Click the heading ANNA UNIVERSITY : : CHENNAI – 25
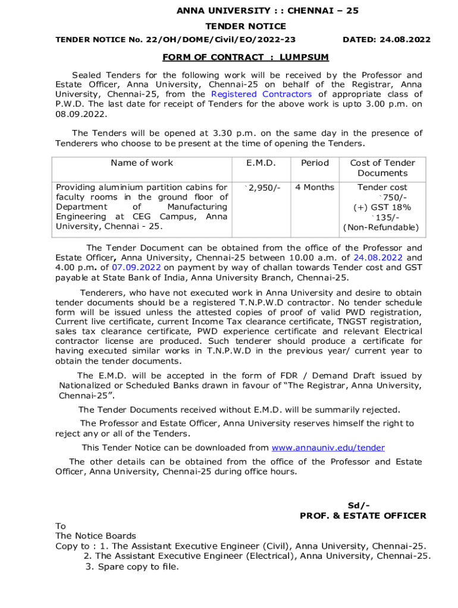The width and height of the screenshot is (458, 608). point(267,11)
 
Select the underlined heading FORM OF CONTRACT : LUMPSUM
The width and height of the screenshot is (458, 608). point(246,58)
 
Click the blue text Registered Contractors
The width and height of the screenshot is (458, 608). point(261,94)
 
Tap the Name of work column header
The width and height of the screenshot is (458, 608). point(142,163)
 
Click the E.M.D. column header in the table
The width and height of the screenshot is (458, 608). point(261,163)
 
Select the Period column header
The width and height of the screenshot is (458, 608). point(315,163)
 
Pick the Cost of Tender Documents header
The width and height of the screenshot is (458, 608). point(382,168)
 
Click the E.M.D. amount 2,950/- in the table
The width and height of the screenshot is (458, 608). point(262,188)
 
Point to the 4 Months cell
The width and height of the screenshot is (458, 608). point(315,188)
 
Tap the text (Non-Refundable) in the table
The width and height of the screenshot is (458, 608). point(381,228)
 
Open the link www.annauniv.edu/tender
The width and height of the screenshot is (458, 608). point(328,448)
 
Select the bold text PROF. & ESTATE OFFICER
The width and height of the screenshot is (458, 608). point(363,515)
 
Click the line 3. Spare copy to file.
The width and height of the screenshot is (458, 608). point(131,566)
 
